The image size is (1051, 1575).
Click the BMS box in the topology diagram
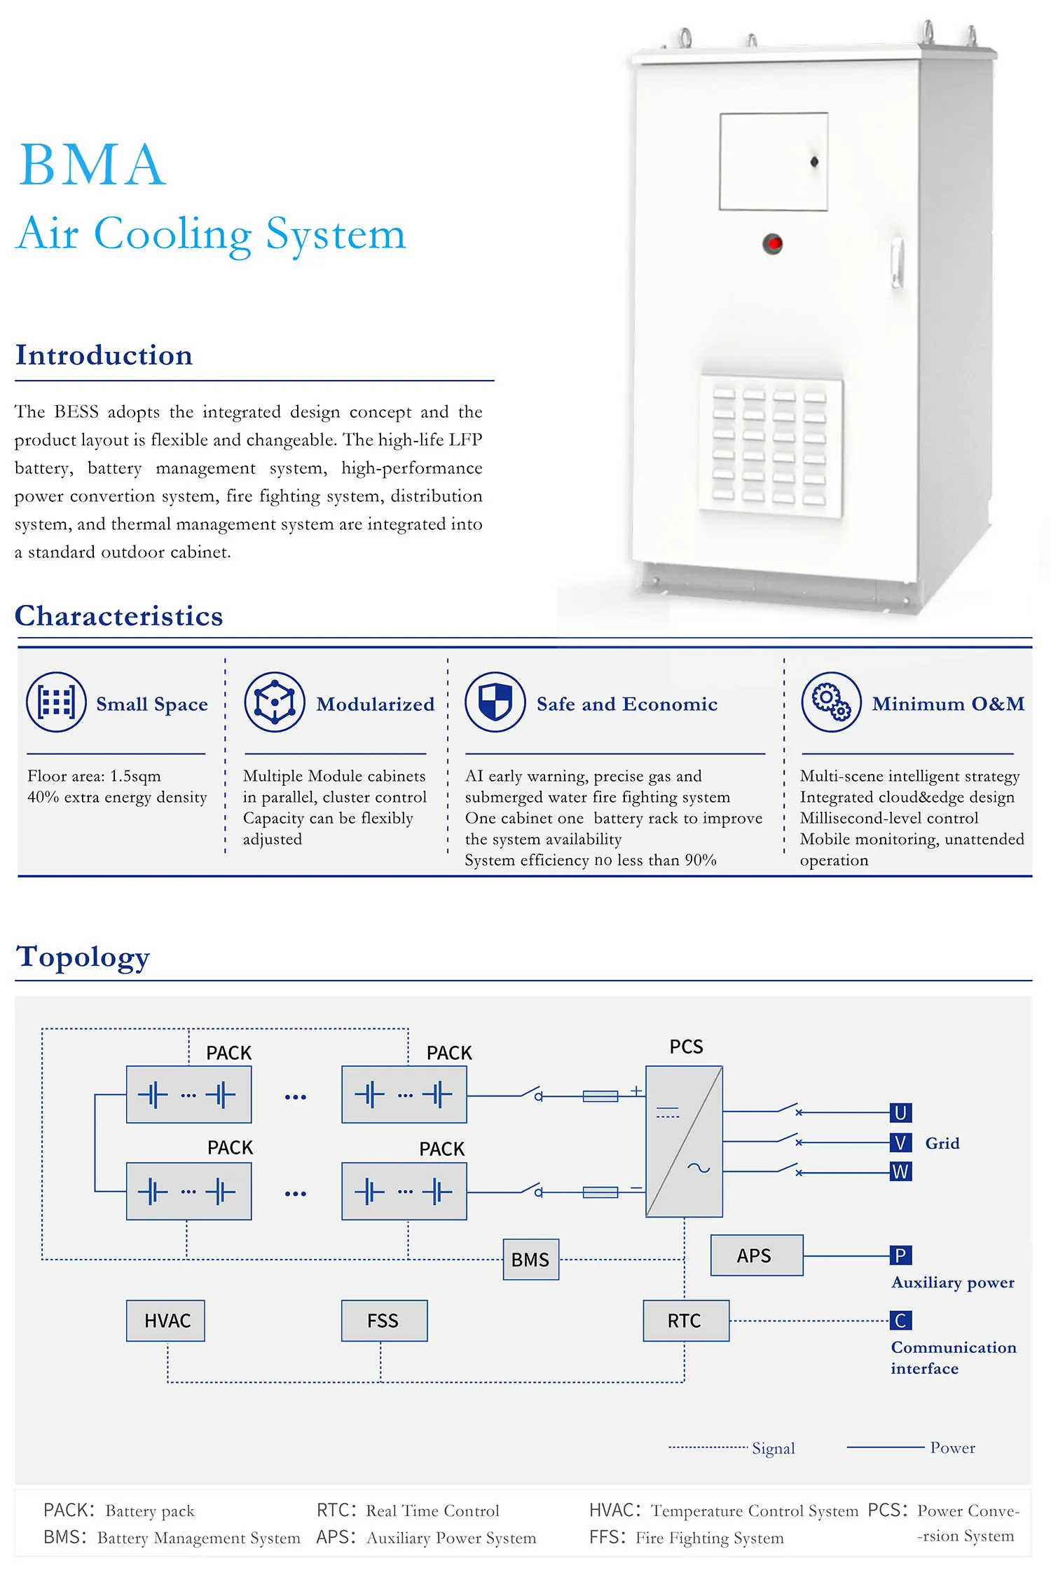(x=530, y=1260)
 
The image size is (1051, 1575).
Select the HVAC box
(x=166, y=1321)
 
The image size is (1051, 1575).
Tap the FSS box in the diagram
(x=384, y=1321)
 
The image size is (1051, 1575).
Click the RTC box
(x=685, y=1321)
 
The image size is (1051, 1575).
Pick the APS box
(x=756, y=1255)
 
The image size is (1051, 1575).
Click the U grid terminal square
(x=900, y=1112)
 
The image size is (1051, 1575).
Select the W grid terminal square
(x=900, y=1171)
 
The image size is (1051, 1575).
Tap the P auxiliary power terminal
(x=900, y=1255)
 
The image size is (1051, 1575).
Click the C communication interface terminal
(x=900, y=1321)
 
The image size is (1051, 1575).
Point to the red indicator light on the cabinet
(x=773, y=244)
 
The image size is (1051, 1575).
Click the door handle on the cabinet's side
(x=896, y=263)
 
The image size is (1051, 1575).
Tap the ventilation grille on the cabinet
(x=771, y=446)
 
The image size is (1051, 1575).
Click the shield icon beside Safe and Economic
(x=495, y=702)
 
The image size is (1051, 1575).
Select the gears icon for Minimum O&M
(x=831, y=702)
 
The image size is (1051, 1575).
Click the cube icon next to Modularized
(x=275, y=702)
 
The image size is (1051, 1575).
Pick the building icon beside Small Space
(x=56, y=702)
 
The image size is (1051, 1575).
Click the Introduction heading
(x=104, y=355)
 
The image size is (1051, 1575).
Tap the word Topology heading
(x=83, y=957)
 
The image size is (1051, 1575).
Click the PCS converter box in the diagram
(x=684, y=1141)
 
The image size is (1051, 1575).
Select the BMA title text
(x=92, y=165)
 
